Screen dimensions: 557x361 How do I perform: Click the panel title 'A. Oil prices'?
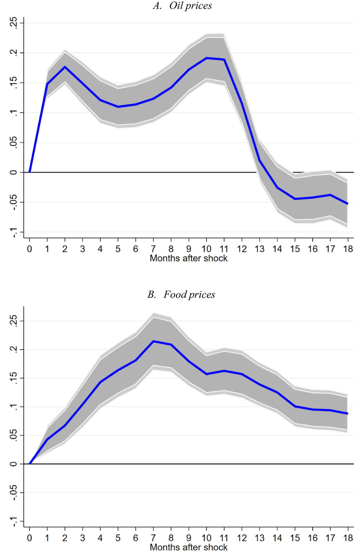point(182,6)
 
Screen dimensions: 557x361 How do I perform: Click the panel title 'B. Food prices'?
point(181,294)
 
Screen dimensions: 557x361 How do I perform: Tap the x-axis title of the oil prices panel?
point(188,258)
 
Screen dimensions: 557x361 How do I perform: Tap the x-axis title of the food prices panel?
point(188,547)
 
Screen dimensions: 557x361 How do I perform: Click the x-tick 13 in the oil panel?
point(259,249)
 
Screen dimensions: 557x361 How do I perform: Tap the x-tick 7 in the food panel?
point(153,538)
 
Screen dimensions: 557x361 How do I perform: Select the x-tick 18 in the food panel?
point(348,538)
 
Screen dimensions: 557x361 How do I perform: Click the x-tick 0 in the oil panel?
point(29,249)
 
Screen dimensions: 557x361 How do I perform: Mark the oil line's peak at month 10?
point(206,58)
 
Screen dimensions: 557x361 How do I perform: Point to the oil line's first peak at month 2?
point(65,67)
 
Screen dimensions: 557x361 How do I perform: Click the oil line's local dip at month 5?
point(118,107)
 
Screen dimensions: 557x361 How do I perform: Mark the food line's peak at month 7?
point(153,341)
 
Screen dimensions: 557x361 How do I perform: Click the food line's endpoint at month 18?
point(347,413)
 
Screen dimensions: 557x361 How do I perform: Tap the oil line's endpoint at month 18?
point(347,203)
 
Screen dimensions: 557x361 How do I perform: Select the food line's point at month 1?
point(47,439)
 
